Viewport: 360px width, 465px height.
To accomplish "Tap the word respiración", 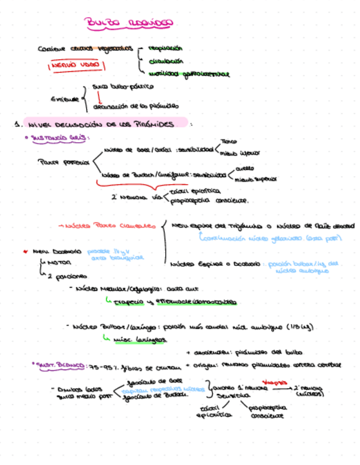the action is tap(165, 48).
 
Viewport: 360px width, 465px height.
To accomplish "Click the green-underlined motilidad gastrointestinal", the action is tap(188, 74).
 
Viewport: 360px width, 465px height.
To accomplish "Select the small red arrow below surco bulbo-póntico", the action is tap(92, 97).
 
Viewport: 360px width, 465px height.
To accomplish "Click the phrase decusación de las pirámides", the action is tap(136, 106).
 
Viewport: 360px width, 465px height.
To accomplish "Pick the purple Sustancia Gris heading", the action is tap(59, 138).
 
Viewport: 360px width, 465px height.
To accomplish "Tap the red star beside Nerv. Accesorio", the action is tap(25, 252).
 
